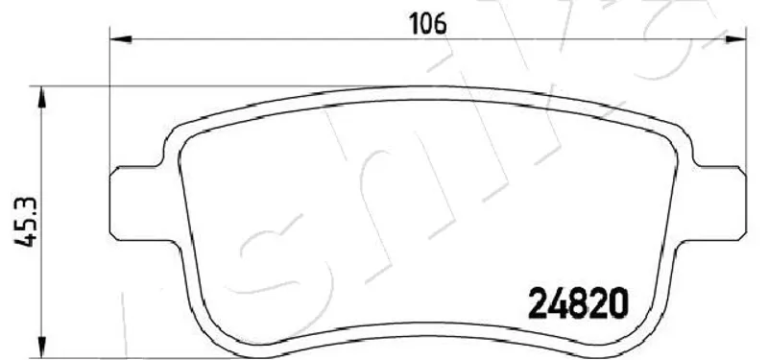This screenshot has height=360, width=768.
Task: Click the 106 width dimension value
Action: pyautogui.click(x=428, y=24)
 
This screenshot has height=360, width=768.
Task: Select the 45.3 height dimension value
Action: pyautogui.click(x=25, y=222)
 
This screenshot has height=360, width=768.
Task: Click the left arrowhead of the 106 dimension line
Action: pyautogui.click(x=121, y=39)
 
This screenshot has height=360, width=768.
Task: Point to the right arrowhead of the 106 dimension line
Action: pyautogui.click(x=735, y=39)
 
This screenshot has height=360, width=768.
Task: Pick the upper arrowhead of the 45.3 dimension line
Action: pyautogui.click(x=42, y=97)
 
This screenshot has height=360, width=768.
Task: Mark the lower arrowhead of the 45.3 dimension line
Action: pyautogui.click(x=42, y=348)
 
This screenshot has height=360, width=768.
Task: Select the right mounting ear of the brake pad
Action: pyautogui.click(x=717, y=204)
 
